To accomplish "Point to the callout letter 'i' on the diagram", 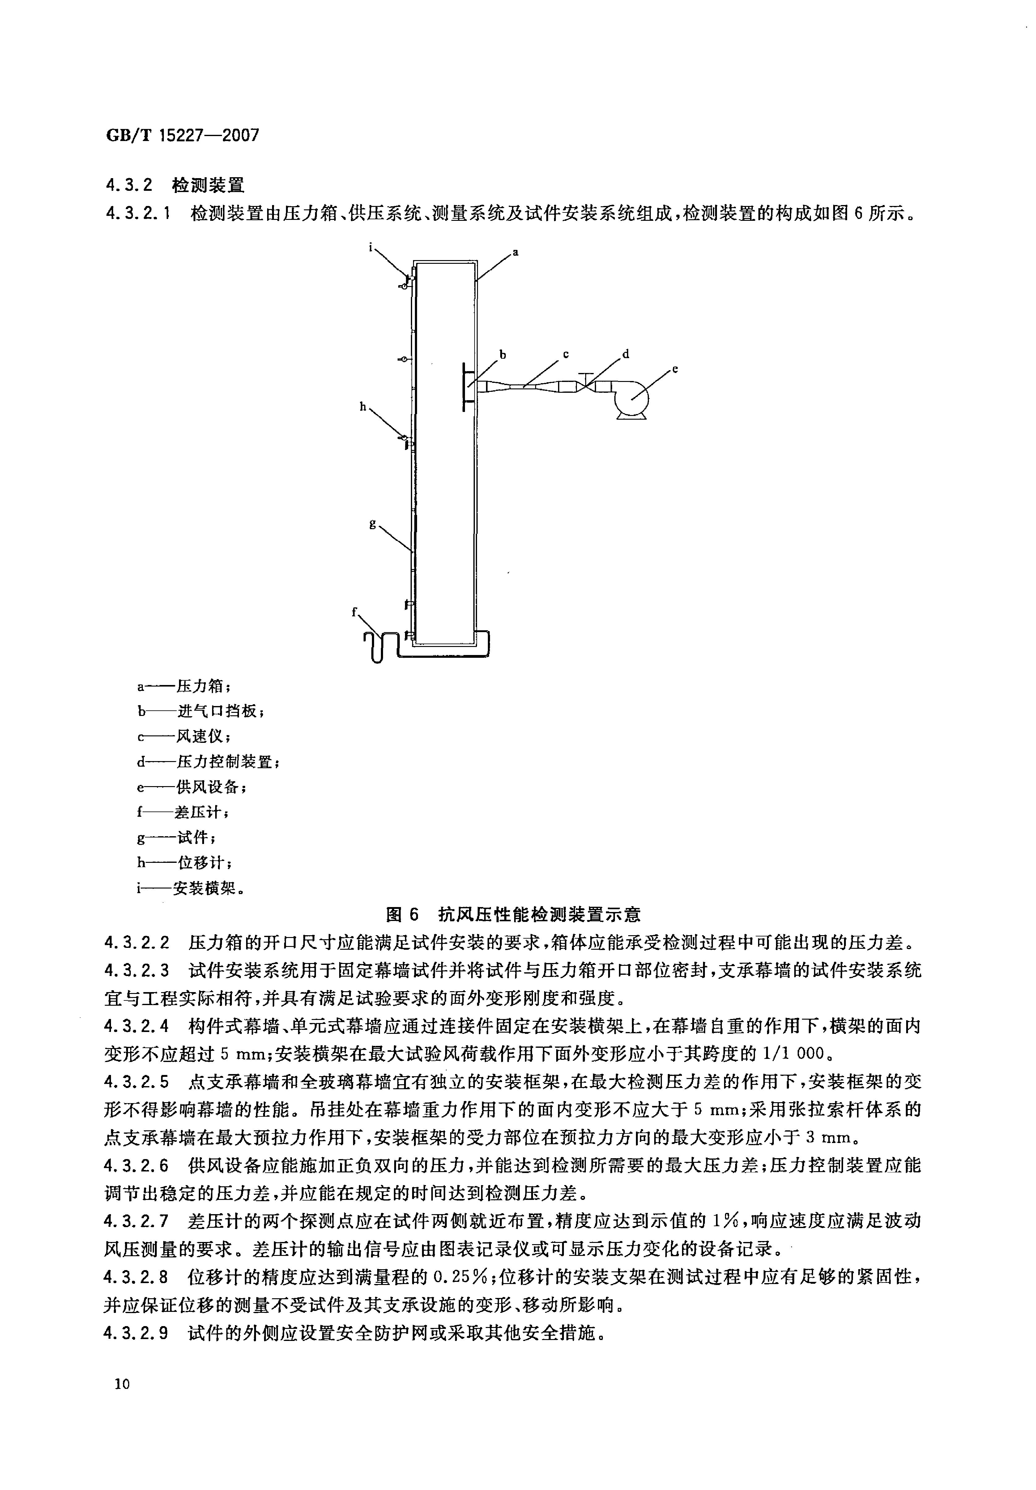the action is (371, 246).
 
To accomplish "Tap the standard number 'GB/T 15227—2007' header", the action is (182, 135).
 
